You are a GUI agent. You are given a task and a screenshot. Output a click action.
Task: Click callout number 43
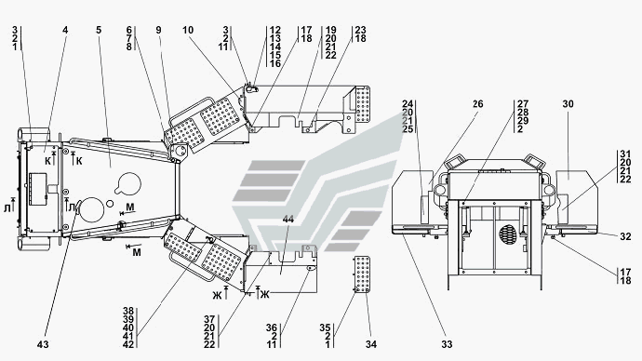coord(43,344)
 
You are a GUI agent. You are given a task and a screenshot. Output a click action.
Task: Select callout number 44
coord(288,220)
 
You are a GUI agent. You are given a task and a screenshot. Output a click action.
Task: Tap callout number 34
coord(371,344)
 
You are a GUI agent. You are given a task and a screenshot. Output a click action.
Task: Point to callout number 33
coord(447,344)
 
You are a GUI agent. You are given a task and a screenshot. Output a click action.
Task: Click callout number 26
coord(478,104)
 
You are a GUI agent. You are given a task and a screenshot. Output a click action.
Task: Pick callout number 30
coord(568,104)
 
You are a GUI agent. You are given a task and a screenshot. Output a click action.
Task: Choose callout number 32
coord(625,236)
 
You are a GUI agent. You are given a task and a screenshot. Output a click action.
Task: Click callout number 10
coord(188,31)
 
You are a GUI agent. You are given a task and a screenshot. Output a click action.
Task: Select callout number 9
coord(158,31)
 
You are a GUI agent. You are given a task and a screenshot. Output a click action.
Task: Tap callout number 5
coord(99,31)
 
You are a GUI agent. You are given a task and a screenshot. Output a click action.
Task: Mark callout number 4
coord(65,31)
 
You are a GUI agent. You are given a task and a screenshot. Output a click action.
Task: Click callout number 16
coord(275,64)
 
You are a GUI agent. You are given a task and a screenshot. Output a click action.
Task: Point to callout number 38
coord(128,311)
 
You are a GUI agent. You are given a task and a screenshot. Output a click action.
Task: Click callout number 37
coord(209,319)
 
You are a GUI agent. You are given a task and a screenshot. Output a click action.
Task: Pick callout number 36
coord(272,328)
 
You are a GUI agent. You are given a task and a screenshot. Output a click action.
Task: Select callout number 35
coord(325,328)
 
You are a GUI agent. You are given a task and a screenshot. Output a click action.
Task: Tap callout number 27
coord(523,104)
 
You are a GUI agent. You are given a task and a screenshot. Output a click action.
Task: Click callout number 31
coord(625,154)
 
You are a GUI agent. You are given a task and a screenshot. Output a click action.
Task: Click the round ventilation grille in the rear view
coord(509,234)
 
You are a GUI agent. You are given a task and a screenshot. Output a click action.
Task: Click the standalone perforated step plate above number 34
coord(362,274)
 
